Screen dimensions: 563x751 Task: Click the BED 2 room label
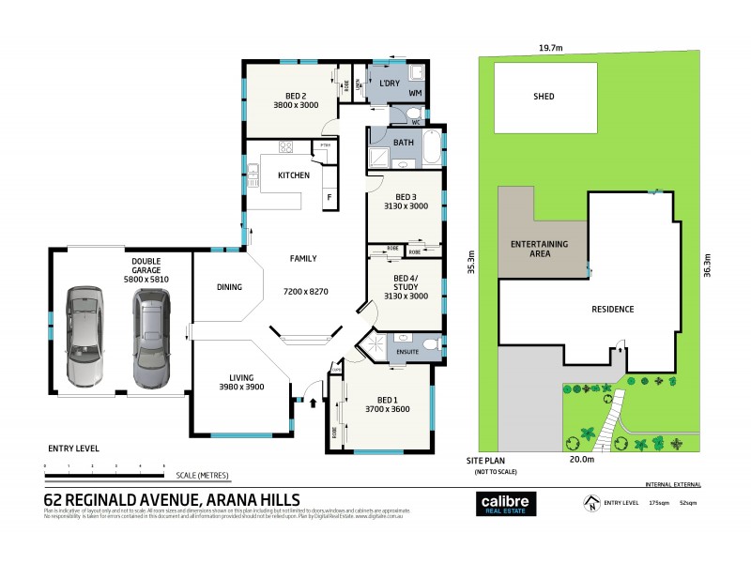point(289,93)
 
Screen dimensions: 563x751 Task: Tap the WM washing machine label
point(415,95)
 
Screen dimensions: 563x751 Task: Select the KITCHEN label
point(293,175)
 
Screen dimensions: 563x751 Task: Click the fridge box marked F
point(329,198)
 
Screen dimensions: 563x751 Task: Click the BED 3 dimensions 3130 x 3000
point(406,205)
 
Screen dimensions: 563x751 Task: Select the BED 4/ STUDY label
point(406,283)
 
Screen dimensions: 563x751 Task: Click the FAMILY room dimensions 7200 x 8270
point(306,292)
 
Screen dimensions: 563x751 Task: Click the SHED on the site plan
point(544,97)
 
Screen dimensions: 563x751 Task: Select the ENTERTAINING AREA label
point(538,249)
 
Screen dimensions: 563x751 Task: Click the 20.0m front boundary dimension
point(582,460)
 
